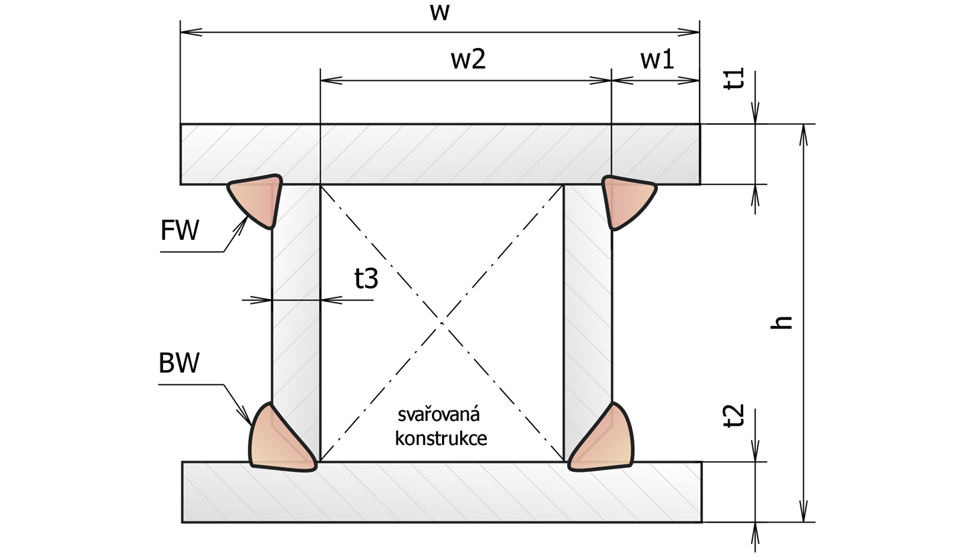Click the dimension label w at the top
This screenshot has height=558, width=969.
pos(440,13)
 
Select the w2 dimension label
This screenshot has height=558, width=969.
pos(469,59)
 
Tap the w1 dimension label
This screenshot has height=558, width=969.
pos(657,59)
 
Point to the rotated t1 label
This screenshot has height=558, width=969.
pos(734,78)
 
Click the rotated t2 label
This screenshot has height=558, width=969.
pos(734,416)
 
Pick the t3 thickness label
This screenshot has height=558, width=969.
pos(366,279)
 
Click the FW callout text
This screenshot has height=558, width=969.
pos(179,231)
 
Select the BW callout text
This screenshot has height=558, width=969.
pos(179,363)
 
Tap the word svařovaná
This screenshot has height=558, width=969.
pos(439,414)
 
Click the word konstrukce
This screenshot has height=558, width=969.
pos(441,438)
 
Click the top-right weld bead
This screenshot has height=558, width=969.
pos(626,200)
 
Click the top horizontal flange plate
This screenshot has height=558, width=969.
pos(440,154)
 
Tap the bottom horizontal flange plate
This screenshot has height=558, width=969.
pos(441,492)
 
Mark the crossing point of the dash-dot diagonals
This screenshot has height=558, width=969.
pos(441,323)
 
